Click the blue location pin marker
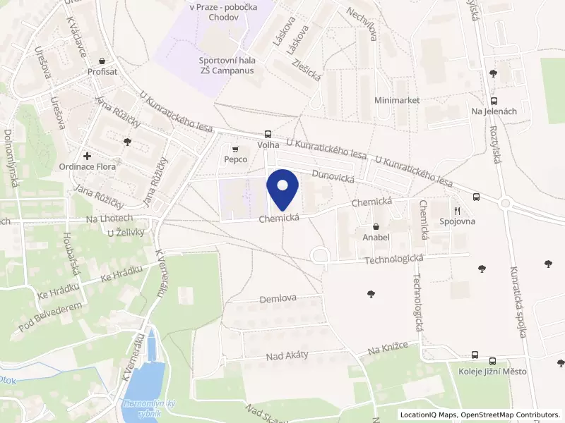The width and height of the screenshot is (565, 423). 283,190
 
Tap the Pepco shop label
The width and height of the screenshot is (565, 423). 235,159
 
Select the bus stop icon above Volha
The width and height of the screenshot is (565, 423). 268,134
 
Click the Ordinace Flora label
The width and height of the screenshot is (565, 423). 87,167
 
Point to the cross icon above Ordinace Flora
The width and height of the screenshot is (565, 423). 87,155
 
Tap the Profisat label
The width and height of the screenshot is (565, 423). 102,71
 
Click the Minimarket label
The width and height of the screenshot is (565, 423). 397,100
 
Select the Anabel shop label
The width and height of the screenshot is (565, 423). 376,238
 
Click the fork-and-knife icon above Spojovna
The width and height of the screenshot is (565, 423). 457,210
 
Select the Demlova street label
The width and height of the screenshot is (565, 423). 278,299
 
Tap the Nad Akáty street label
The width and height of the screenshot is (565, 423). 287,355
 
